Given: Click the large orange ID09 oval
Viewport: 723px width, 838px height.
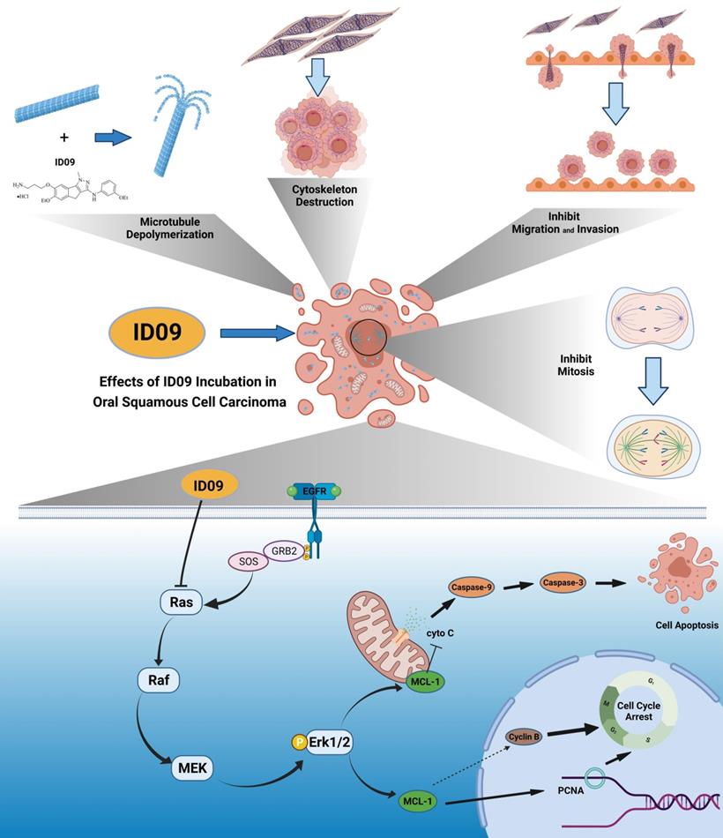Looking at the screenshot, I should [x=158, y=333].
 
